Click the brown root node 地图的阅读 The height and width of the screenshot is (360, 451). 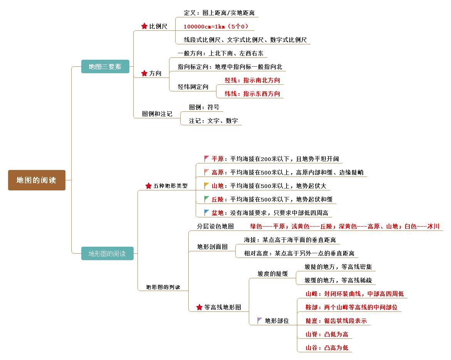coord(37,180)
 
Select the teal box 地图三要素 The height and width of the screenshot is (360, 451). coord(105,67)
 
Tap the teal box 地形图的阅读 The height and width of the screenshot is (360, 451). coord(107,254)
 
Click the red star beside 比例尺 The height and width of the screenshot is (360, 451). coord(144,26)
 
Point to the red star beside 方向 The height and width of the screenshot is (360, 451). coord(144,73)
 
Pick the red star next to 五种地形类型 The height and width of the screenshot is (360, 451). coord(149,186)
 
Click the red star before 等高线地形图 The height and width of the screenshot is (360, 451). coord(200,307)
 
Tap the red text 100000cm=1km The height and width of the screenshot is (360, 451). coord(204,27)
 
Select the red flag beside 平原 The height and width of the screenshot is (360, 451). coord(207,158)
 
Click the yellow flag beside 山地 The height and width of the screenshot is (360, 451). coord(207,185)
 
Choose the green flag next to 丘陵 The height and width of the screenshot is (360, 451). coord(207,199)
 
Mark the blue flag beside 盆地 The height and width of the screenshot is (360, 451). coord(207,212)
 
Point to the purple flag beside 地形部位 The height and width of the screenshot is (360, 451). coord(260,320)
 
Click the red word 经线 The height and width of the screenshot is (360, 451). coord(231,80)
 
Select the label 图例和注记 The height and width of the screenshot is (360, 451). coord(157,114)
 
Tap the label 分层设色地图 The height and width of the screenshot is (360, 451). coord(215,226)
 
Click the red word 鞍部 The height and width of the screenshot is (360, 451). coord(312,307)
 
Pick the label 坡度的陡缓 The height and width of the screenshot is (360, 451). coord(273,274)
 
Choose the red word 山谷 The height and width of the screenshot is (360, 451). coord(312,348)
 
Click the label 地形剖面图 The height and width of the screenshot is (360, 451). coord(212,247)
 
